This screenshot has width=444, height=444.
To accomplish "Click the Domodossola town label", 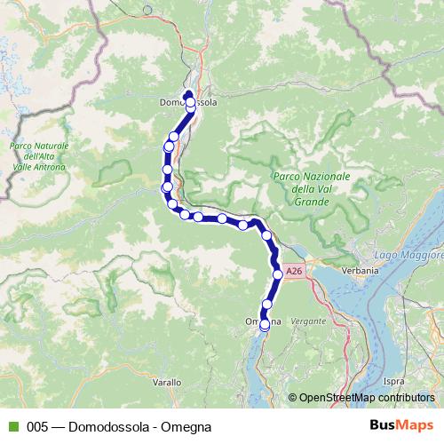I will (x=187, y=103).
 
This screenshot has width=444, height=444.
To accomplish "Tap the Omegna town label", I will (x=262, y=320).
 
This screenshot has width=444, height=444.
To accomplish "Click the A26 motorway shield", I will (x=295, y=269).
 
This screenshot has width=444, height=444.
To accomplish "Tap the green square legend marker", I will (x=12, y=426).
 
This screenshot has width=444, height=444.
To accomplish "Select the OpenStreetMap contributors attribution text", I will (x=367, y=397).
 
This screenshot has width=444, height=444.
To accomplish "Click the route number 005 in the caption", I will (x=36, y=426).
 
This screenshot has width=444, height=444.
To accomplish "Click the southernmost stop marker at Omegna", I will (x=265, y=326).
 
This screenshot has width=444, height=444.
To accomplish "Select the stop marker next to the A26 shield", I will (x=278, y=274).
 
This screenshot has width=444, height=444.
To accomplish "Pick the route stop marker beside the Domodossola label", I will (x=191, y=103).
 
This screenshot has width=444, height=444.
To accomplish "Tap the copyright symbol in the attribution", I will (x=293, y=397).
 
